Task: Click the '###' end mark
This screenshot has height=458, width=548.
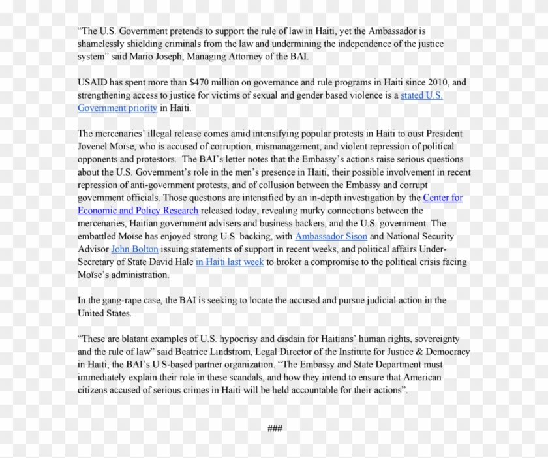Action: pyautogui.click(x=274, y=428)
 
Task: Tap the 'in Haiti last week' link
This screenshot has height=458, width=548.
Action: pyautogui.click(x=229, y=262)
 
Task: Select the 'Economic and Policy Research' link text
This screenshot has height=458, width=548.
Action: pyautogui.click(x=138, y=211)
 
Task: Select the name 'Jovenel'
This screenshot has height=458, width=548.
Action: pyautogui.click(x=96, y=147)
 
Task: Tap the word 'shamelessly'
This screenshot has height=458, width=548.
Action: pyautogui.click(x=104, y=44)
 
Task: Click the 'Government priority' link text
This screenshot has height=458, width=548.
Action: pyautogui.click(x=117, y=108)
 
